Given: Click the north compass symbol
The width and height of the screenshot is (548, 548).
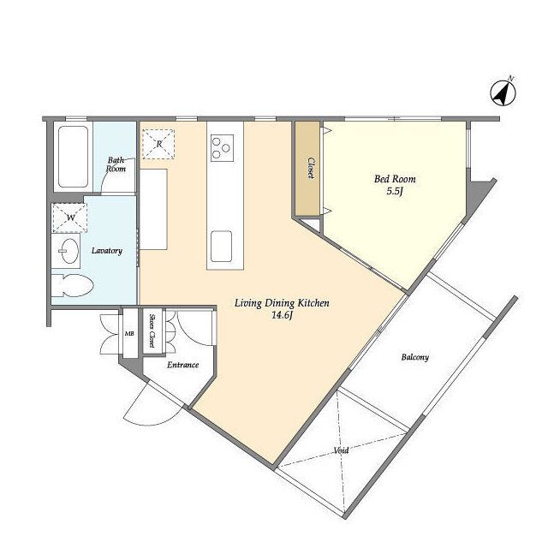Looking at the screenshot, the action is [x=503, y=93].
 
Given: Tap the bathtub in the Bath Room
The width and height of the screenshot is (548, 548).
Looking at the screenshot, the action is [x=73, y=157].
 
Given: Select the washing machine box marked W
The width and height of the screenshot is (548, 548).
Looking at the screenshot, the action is [x=70, y=217].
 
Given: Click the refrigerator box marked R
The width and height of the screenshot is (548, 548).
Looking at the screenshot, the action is [x=158, y=144].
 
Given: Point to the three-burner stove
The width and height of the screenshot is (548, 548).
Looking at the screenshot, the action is [x=222, y=148].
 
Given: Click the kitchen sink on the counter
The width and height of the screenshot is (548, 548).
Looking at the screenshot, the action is [x=221, y=247].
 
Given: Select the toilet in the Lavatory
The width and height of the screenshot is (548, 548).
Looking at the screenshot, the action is [x=72, y=285].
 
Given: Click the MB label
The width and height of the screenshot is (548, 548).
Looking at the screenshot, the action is [x=129, y=333].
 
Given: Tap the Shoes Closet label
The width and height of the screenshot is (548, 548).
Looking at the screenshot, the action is [x=152, y=331].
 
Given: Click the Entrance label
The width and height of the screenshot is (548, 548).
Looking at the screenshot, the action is [x=182, y=365].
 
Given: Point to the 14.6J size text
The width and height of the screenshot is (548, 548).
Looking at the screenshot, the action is [x=282, y=316].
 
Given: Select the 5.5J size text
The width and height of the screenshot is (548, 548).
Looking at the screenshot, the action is [x=396, y=191].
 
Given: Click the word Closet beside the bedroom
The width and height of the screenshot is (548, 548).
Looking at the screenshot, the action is [x=311, y=168].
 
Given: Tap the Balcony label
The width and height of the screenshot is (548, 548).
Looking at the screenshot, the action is [x=414, y=357].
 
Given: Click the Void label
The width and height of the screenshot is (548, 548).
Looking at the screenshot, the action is [x=341, y=450].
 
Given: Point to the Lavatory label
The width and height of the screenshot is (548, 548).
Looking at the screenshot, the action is [x=107, y=251].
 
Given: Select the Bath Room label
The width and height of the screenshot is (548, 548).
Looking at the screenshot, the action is [x=116, y=164].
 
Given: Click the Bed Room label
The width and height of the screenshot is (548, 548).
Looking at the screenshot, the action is [x=395, y=179].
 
